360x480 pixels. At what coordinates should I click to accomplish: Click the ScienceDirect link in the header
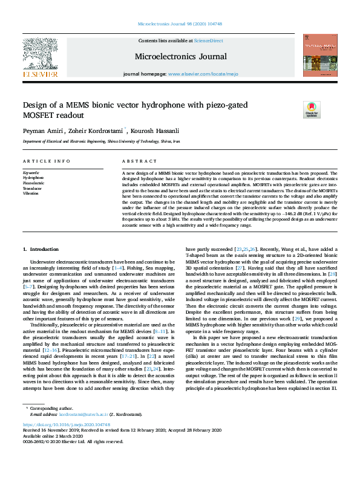[x=208, y=40]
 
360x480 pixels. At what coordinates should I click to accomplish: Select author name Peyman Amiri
[x=40, y=129]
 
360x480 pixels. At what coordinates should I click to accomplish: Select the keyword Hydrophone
[x=33, y=178]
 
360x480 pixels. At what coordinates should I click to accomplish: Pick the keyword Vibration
[x=32, y=193]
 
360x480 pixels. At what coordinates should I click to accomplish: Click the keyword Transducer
[x=33, y=188]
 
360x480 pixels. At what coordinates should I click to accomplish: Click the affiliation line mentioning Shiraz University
[x=101, y=141]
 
